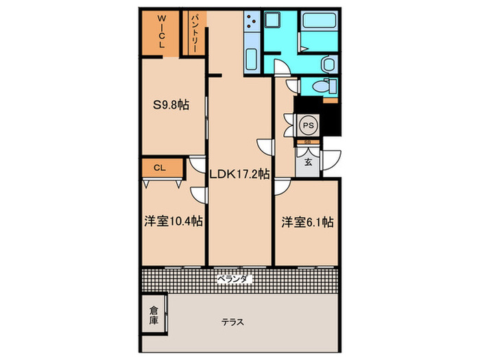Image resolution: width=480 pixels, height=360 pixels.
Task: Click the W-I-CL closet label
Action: [x=162, y=32]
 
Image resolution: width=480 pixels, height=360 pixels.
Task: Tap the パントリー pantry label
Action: [x=194, y=32]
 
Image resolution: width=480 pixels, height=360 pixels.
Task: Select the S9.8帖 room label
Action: [x=171, y=105]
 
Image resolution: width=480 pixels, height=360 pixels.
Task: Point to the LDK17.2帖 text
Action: [x=239, y=174]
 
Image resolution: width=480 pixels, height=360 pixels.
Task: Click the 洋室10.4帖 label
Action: [x=173, y=221]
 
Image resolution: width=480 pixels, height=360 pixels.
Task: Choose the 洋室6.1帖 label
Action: [x=307, y=221]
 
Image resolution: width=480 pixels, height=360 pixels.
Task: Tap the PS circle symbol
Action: [x=308, y=126]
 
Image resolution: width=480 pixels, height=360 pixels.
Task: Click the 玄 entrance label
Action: [x=308, y=163]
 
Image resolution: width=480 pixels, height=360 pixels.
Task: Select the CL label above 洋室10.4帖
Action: [x=158, y=167]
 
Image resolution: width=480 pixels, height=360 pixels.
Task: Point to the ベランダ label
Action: [x=235, y=279]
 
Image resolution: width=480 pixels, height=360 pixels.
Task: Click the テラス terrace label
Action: [x=233, y=322]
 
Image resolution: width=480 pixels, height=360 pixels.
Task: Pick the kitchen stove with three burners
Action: [x=250, y=24]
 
